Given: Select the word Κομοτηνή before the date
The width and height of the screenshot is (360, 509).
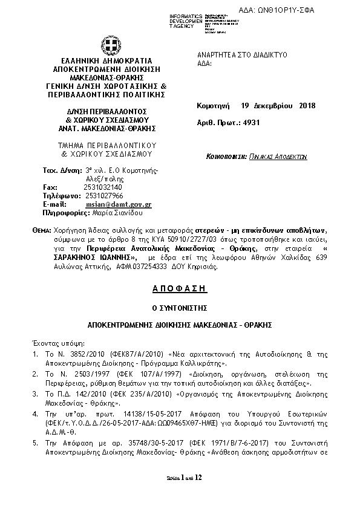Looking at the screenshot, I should (x=214, y=106).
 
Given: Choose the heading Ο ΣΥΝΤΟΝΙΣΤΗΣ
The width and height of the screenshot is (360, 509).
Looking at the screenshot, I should (x=180, y=307).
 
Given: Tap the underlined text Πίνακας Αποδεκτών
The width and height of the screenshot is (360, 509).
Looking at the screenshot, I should (x=278, y=156).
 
